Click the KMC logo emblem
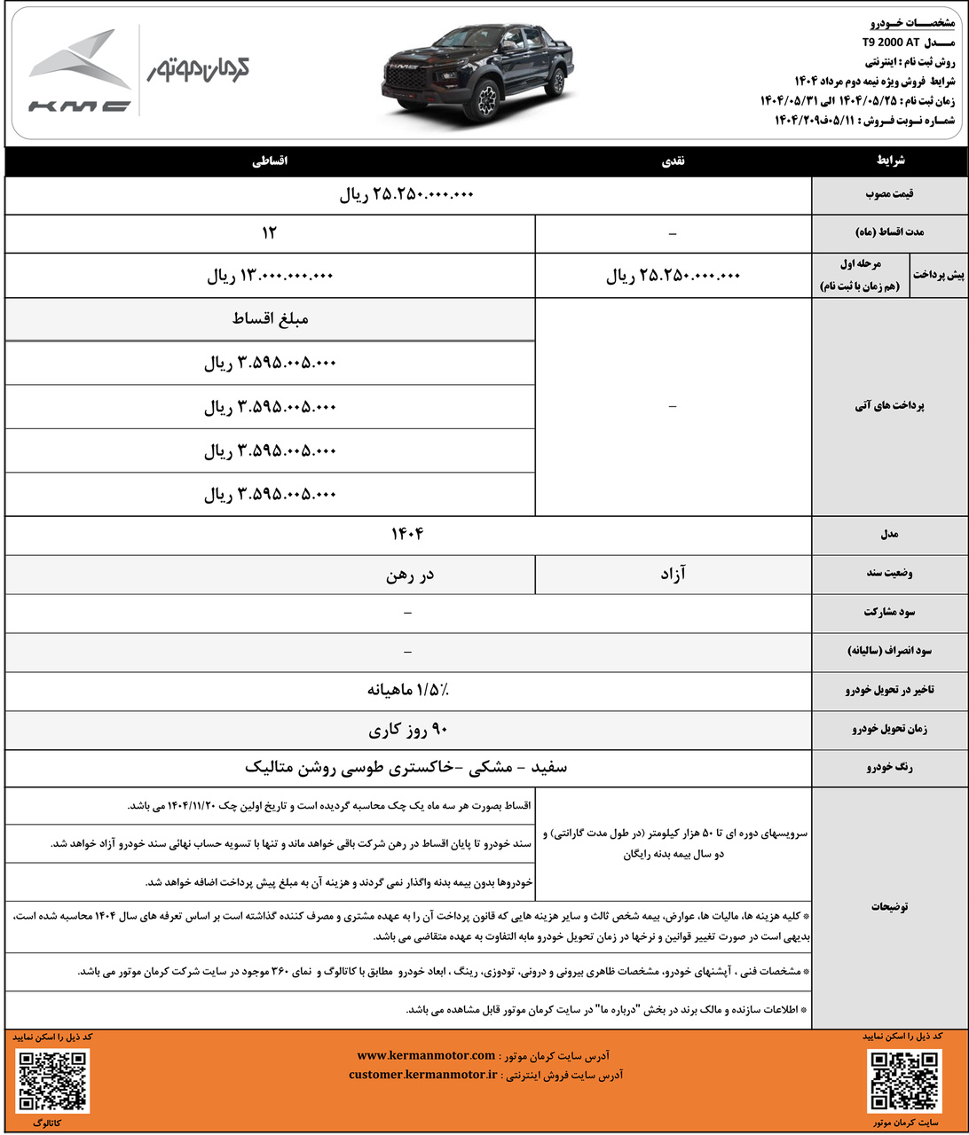80,71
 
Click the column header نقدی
674,161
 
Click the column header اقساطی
270,161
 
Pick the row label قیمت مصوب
890,194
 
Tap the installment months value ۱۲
270,232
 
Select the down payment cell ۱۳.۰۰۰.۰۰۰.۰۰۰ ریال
270,276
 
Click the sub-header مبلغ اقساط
270,318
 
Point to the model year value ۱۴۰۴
407,534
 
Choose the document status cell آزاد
673,575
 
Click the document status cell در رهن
410,575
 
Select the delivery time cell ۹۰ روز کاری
408,730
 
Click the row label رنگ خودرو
889,768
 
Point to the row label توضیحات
889,907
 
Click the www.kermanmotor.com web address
426,1055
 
